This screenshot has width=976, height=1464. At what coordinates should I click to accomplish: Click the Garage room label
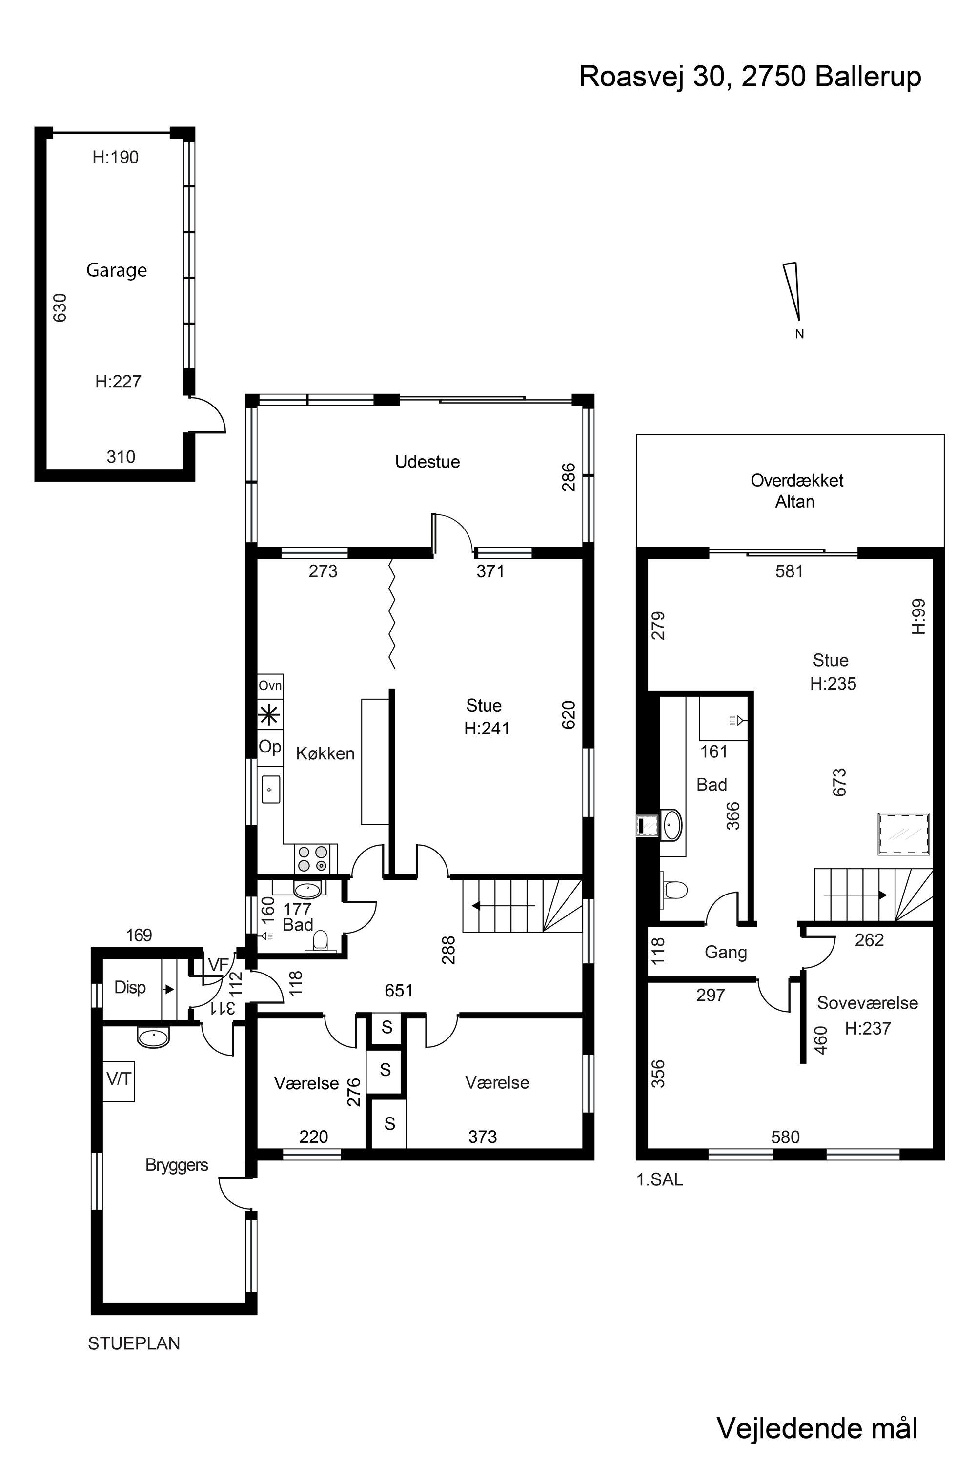pyautogui.click(x=117, y=270)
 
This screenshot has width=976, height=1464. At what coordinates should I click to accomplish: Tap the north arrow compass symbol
pyautogui.click(x=793, y=291)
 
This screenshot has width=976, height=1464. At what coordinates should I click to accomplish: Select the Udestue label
pyautogui.click(x=427, y=461)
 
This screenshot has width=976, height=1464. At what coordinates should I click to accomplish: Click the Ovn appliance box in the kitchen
pyautogui.click(x=270, y=685)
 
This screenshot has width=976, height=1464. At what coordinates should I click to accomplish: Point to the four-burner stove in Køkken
pyautogui.click(x=312, y=858)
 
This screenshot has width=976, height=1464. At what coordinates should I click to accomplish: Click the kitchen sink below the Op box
pyautogui.click(x=271, y=789)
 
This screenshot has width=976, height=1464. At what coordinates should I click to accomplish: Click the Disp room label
pyautogui.click(x=130, y=987)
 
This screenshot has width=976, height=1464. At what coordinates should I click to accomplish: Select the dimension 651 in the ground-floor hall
pyautogui.click(x=399, y=990)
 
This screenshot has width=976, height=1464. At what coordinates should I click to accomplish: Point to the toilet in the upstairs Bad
pyautogui.click(x=674, y=890)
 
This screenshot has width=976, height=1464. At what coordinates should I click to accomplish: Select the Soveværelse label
pyautogui.click(x=868, y=1003)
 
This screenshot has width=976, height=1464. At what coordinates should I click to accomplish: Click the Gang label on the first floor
pyautogui.click(x=726, y=953)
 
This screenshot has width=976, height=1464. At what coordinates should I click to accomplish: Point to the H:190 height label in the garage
pyautogui.click(x=115, y=158)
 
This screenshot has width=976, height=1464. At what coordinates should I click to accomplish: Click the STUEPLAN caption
pyautogui.click(x=134, y=1343)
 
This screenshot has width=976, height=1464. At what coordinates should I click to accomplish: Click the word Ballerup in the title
pyautogui.click(x=868, y=77)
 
